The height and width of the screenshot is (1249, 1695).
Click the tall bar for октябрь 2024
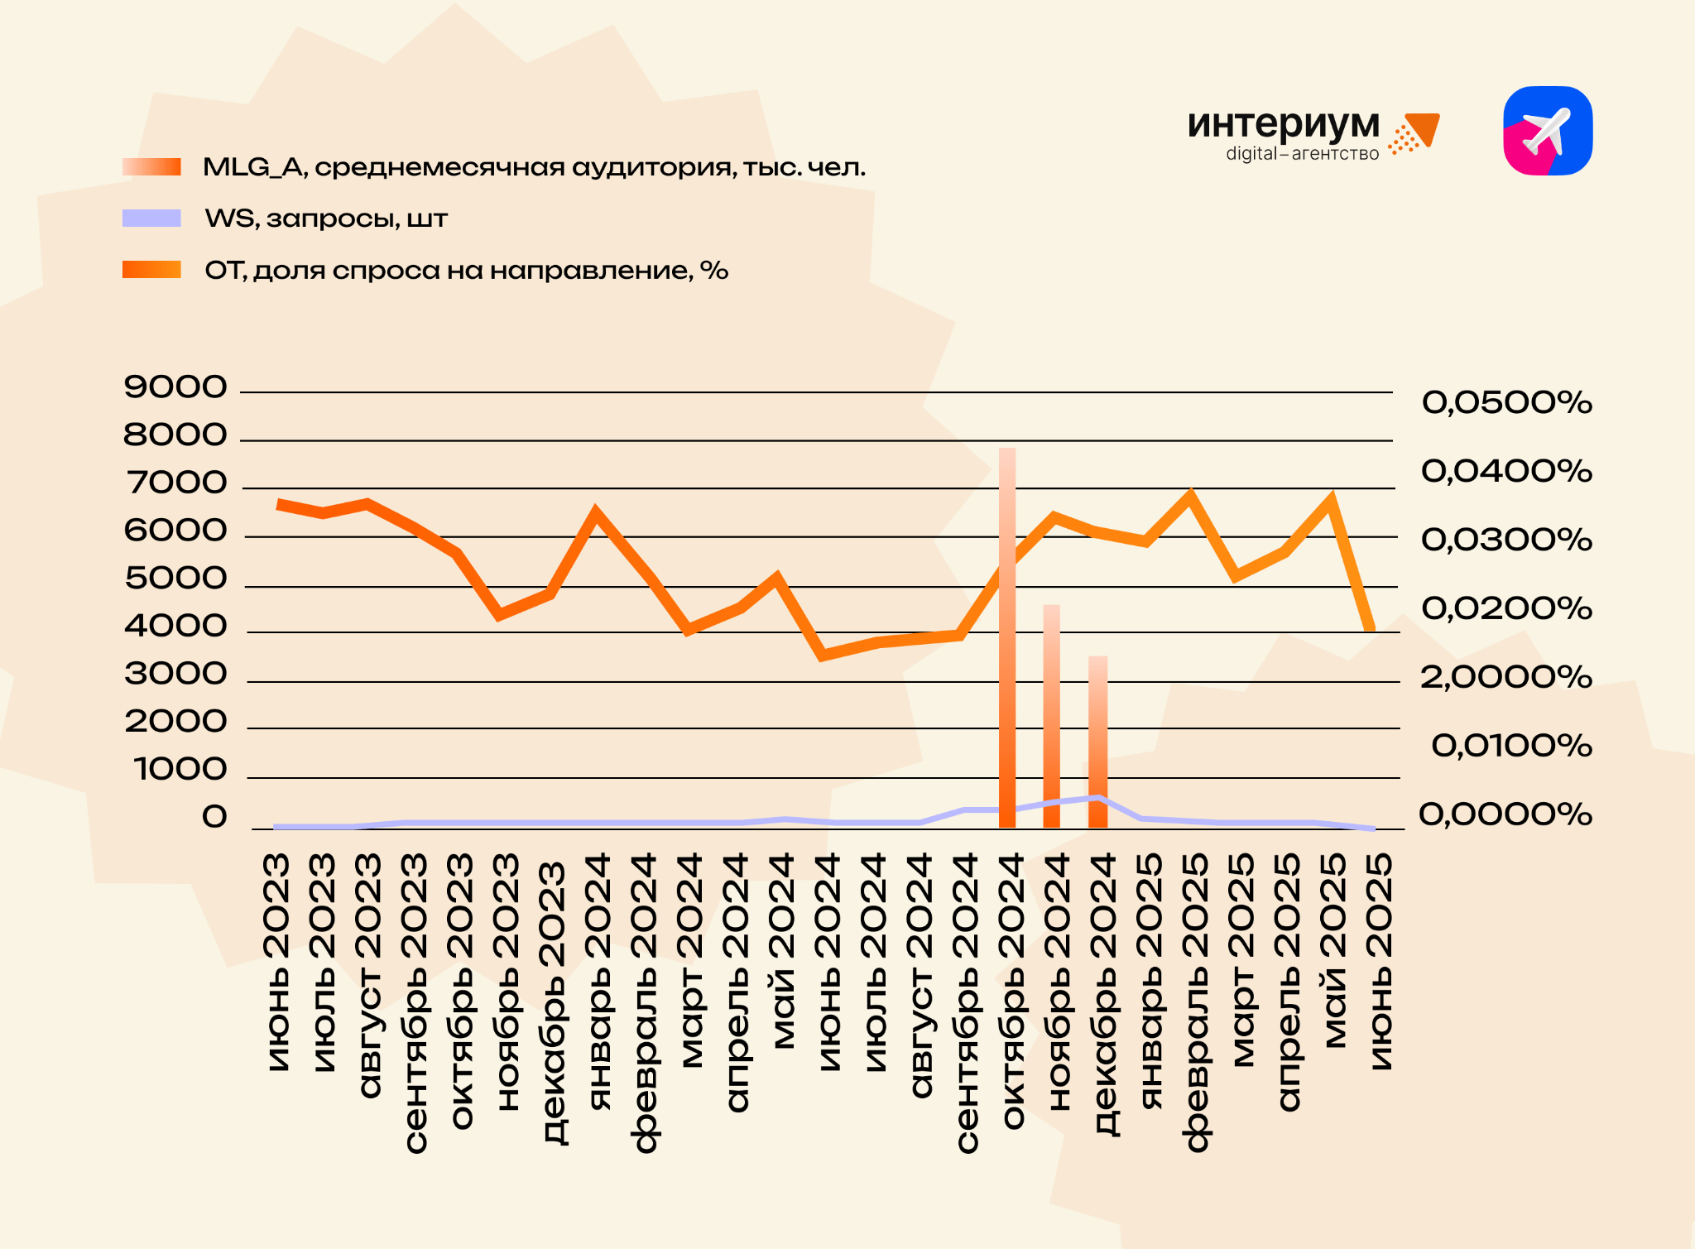click(1007, 637)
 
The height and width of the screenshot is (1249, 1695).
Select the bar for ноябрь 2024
click(1052, 716)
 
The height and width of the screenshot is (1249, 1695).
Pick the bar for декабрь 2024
click(1097, 742)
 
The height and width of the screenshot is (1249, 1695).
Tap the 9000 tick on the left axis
click(175, 387)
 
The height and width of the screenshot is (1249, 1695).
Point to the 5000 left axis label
click(175, 579)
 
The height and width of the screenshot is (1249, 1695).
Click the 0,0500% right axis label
click(1506, 403)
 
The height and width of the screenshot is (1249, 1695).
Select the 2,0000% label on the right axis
click(1506, 678)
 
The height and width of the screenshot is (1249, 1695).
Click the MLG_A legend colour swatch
click(151, 167)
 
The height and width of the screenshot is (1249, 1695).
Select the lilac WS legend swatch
click(151, 219)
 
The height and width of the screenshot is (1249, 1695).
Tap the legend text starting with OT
click(466, 271)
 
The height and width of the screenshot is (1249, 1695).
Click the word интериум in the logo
click(1283, 124)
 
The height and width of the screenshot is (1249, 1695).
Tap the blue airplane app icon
click(1548, 131)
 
